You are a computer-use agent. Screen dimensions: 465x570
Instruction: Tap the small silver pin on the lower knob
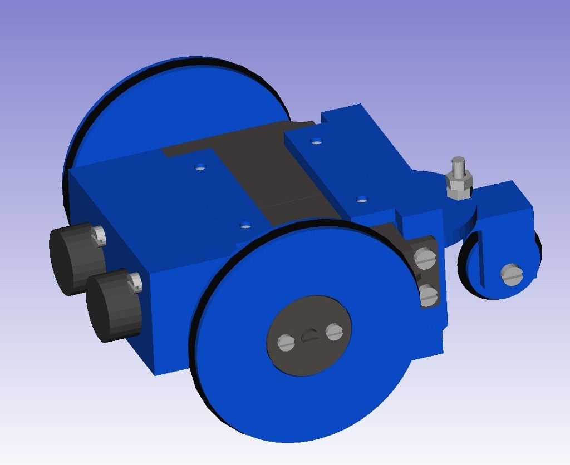[135, 283]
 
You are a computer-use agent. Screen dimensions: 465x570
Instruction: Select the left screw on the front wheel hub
[286, 343]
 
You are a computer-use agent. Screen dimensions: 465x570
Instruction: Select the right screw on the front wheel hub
[334, 332]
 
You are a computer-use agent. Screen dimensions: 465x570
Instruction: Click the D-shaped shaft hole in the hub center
[309, 335]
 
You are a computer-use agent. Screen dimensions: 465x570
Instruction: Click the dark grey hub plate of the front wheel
[309, 356]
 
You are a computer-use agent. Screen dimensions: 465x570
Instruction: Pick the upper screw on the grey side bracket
[426, 258]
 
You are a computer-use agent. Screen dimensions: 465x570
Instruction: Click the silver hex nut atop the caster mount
[459, 186]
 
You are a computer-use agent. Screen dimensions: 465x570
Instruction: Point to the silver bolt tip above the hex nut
[458, 165]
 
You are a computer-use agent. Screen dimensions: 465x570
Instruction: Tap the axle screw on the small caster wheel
[512, 274]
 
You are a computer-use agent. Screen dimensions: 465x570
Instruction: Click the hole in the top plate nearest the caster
[362, 199]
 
